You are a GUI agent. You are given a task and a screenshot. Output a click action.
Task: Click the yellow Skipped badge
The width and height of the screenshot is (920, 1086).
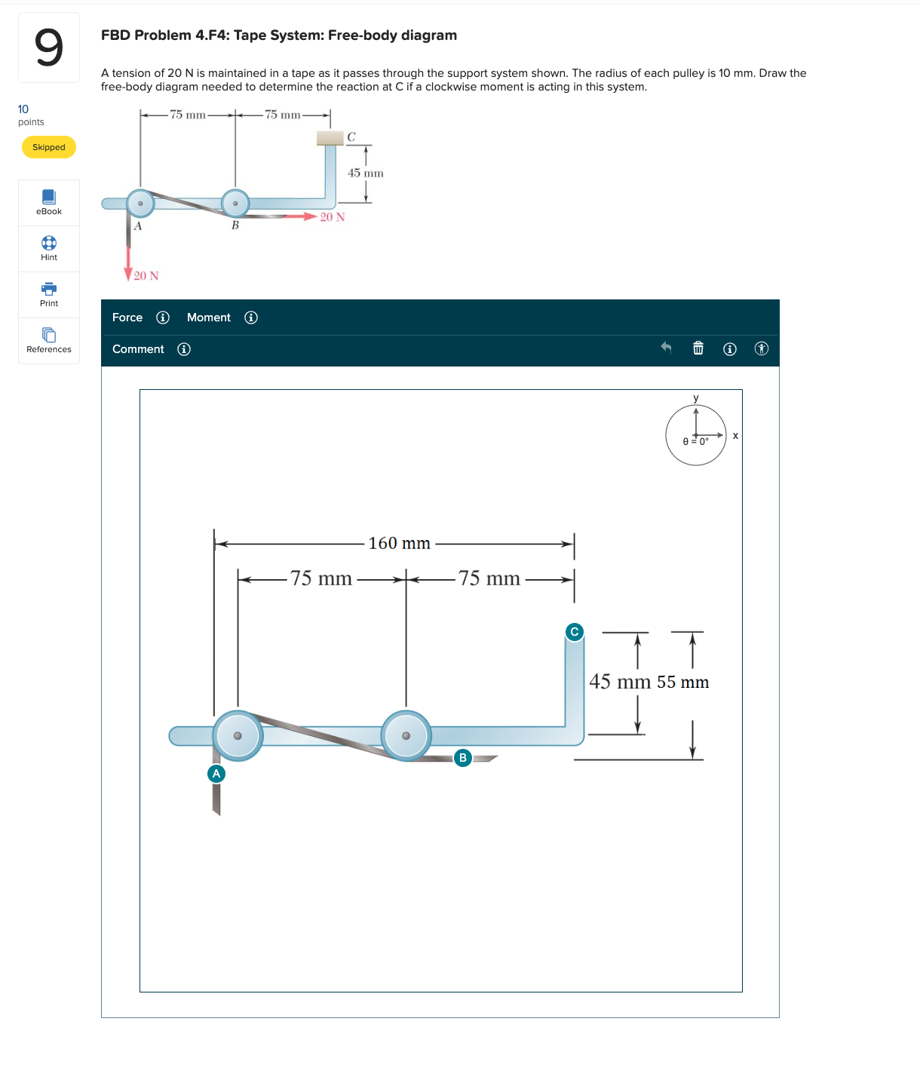pyautogui.click(x=49, y=147)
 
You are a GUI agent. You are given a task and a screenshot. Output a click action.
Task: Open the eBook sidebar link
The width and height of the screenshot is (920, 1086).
pyautogui.click(x=49, y=202)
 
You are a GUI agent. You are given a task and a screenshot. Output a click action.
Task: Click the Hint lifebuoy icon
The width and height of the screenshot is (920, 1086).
pyautogui.click(x=49, y=243)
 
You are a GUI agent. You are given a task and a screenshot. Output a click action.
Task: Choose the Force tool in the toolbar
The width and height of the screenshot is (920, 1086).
pyautogui.click(x=127, y=318)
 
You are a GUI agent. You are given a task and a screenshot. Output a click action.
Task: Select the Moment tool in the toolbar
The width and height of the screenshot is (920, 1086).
pyautogui.click(x=209, y=318)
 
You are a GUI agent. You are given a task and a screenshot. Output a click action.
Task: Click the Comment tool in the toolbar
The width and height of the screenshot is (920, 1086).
pyautogui.click(x=138, y=349)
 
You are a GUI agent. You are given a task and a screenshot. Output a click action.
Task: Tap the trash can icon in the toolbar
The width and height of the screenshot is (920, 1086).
pyautogui.click(x=698, y=348)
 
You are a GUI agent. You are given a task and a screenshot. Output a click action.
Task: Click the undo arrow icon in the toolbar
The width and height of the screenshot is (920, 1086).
pyautogui.click(x=666, y=348)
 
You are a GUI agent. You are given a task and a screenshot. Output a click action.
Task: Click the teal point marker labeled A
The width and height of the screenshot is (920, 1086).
pyautogui.click(x=216, y=773)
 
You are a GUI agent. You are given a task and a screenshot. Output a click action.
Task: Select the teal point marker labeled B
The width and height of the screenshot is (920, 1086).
pyautogui.click(x=463, y=757)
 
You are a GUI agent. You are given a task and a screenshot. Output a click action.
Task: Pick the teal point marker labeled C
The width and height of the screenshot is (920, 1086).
pyautogui.click(x=575, y=631)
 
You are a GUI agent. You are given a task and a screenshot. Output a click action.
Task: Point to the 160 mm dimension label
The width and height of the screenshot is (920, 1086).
pyautogui.click(x=399, y=543)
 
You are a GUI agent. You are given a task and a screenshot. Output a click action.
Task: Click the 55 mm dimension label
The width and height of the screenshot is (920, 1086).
pyautogui.click(x=683, y=683)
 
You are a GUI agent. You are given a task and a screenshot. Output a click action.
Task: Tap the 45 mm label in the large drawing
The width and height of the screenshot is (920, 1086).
pyautogui.click(x=619, y=682)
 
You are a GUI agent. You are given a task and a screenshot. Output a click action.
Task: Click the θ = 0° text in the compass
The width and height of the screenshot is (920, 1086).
pyautogui.click(x=695, y=441)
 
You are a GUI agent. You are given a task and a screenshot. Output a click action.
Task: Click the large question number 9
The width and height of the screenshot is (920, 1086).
pyautogui.click(x=49, y=48)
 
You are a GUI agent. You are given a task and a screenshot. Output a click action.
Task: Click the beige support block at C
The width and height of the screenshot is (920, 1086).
pyautogui.click(x=330, y=137)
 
